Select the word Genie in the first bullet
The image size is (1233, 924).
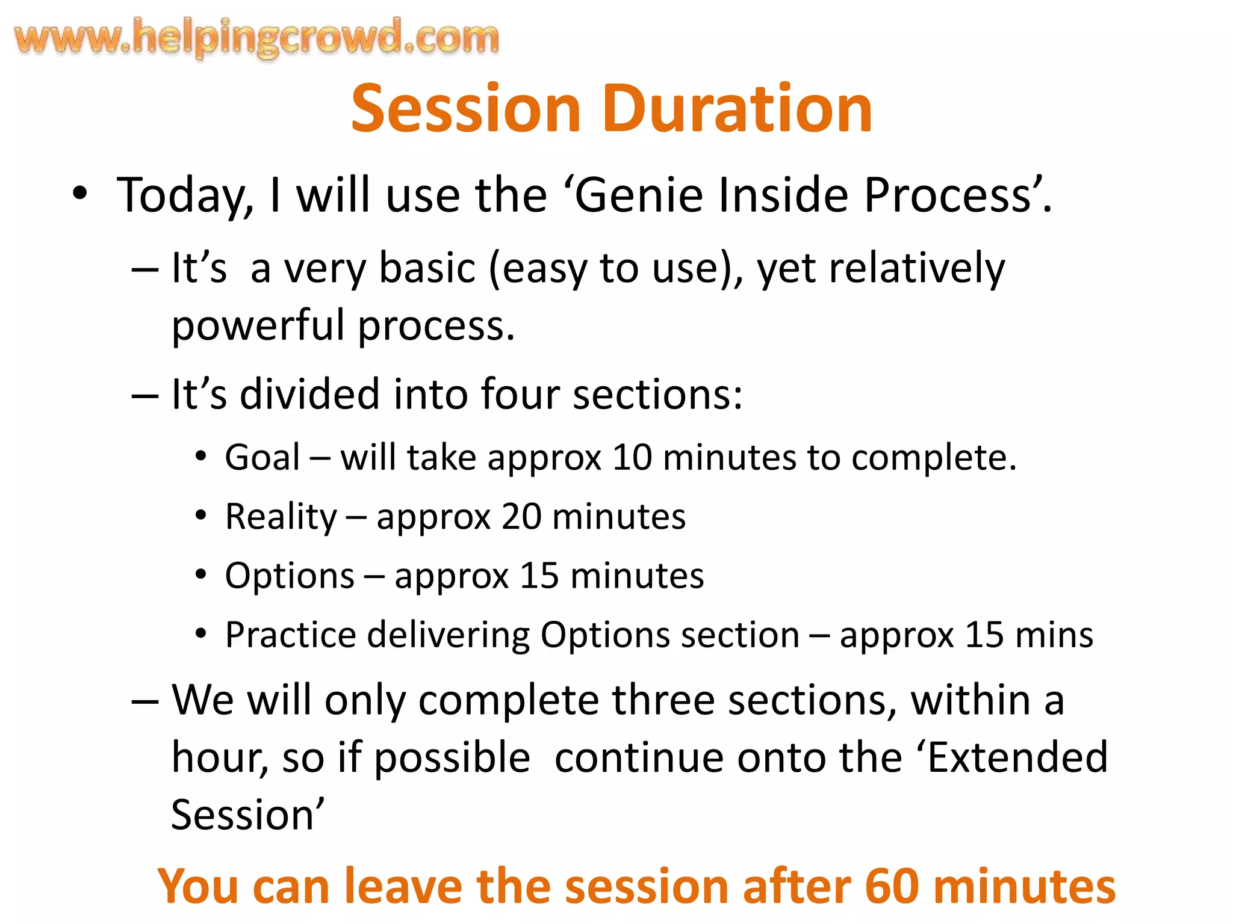(639, 196)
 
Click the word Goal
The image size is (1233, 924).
(262, 458)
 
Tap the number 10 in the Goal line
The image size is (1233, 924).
(632, 458)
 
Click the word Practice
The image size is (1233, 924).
(291, 635)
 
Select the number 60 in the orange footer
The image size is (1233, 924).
(892, 887)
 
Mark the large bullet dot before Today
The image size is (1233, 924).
(79, 194)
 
